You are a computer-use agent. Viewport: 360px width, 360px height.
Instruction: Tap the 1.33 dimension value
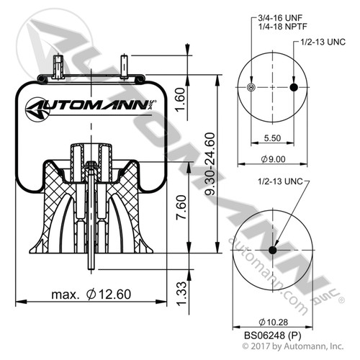(189, 291)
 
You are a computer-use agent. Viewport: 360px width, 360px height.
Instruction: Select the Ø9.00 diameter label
(271, 158)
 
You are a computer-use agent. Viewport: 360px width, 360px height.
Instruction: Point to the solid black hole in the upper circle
(293, 88)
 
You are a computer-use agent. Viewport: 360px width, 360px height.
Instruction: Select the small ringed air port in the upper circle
(250, 88)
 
